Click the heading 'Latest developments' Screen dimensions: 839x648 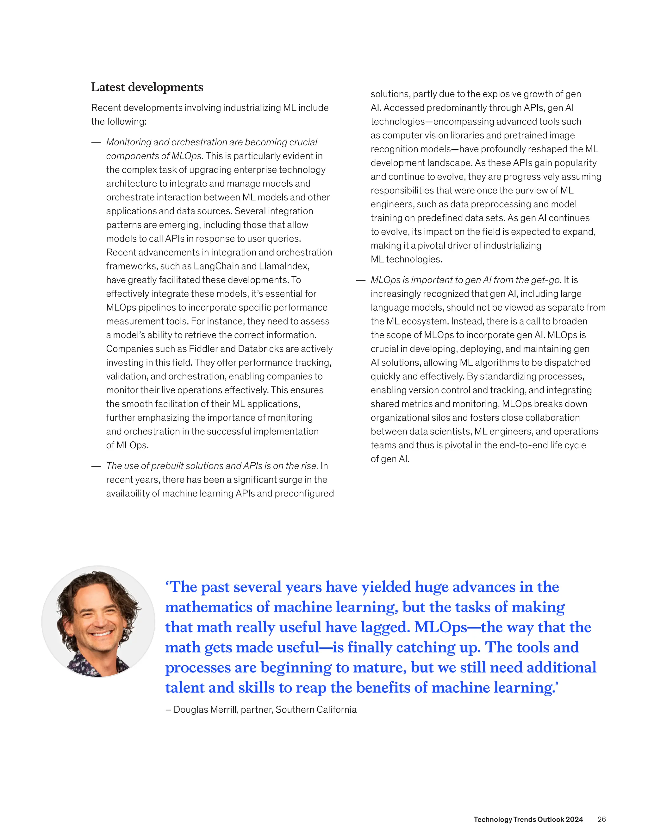point(147,87)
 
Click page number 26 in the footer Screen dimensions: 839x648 point(601,819)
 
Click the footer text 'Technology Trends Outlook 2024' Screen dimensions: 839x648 point(528,819)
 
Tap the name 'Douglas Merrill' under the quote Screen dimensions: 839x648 point(206,710)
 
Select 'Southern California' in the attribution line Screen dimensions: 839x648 point(316,710)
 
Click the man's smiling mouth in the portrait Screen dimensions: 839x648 point(101,634)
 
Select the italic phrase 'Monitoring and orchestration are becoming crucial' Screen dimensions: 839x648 point(212,142)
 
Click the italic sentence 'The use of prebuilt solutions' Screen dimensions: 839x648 point(212,466)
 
